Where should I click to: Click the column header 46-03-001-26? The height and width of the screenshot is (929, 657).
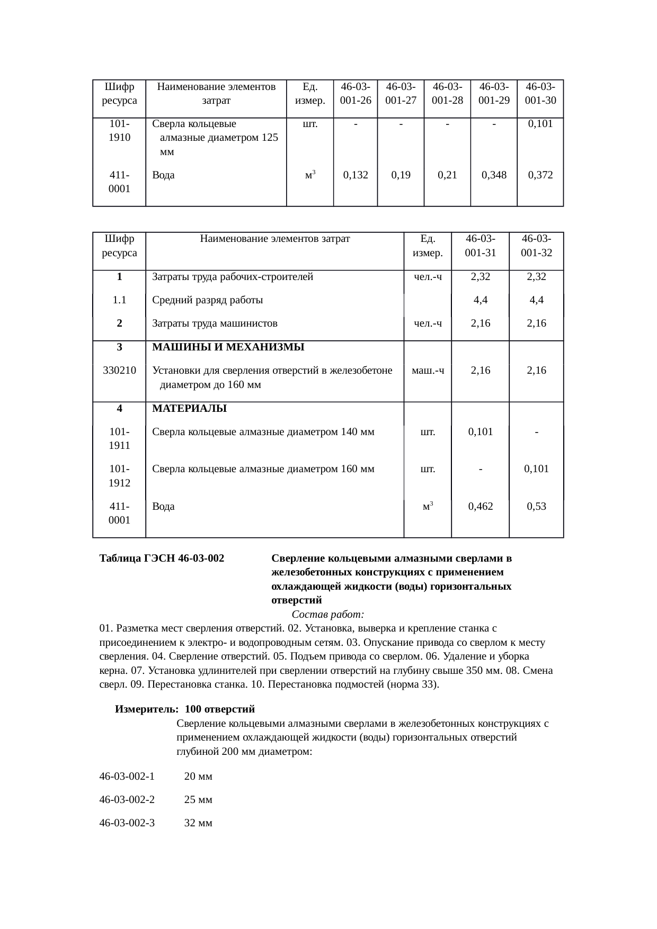356,93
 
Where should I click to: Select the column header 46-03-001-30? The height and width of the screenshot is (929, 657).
540,93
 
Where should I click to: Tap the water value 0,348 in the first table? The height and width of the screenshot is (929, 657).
494,175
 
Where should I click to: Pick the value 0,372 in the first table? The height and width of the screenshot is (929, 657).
540,175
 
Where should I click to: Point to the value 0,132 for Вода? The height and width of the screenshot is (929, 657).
356,175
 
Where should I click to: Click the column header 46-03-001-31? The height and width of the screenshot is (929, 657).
480,246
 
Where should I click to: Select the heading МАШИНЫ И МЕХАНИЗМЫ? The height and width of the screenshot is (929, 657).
228,347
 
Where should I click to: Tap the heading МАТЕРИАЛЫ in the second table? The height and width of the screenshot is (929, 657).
189,409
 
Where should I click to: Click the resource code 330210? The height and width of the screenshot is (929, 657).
119,371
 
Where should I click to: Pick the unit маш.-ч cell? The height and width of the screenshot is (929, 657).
428,371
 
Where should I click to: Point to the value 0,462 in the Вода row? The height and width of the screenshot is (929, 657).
480,506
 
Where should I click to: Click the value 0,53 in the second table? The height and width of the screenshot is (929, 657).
536,506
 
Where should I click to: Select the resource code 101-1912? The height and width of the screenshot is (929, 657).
119,475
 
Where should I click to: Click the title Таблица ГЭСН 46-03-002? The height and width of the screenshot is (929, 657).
162,558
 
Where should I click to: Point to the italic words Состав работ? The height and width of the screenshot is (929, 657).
327,615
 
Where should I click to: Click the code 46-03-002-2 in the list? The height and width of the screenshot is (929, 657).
127,800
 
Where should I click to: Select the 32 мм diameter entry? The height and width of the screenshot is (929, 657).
198,823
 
